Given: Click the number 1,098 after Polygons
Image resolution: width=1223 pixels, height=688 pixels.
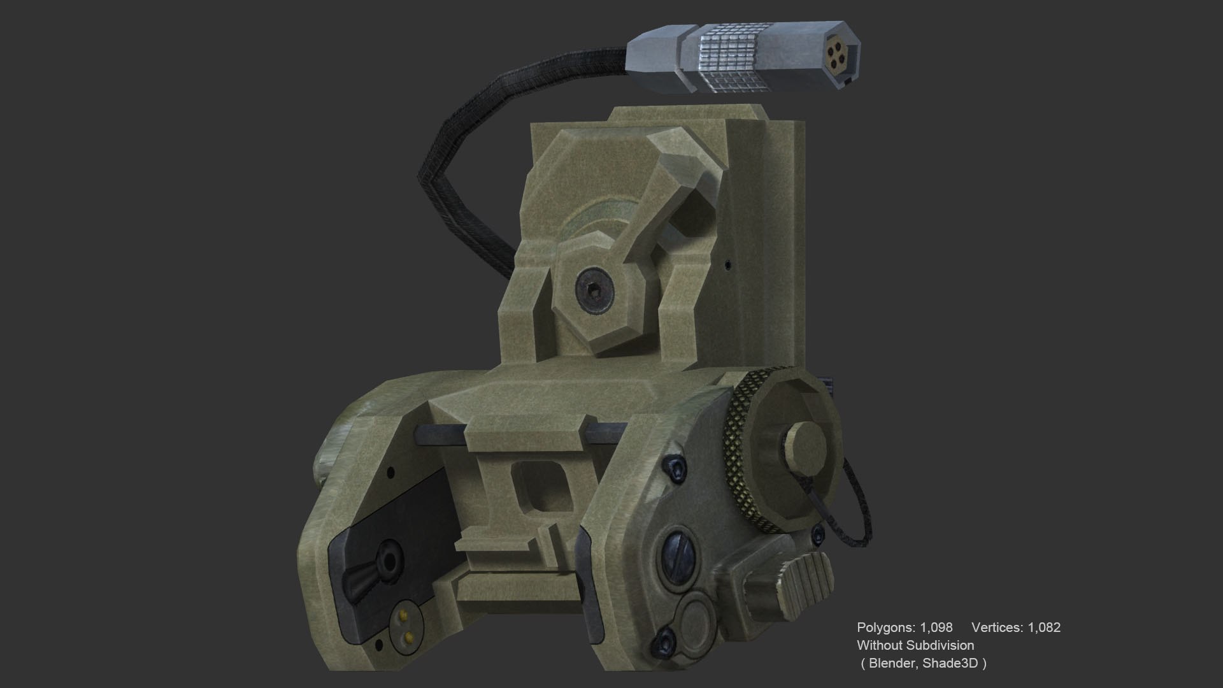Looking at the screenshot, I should [936, 627].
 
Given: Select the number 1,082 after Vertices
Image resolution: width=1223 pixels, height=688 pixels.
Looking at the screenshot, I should [1043, 627].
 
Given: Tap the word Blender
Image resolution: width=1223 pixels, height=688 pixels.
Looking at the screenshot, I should [891, 663].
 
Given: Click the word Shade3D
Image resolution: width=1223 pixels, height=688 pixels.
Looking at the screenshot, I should [950, 663].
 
